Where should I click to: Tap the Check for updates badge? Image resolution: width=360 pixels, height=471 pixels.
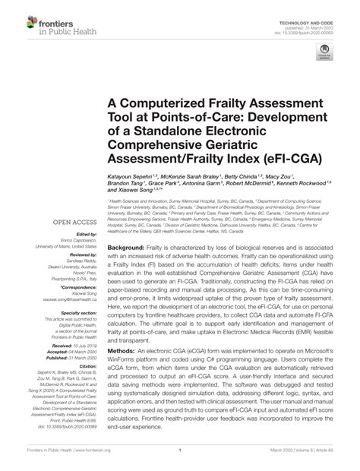325,54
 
